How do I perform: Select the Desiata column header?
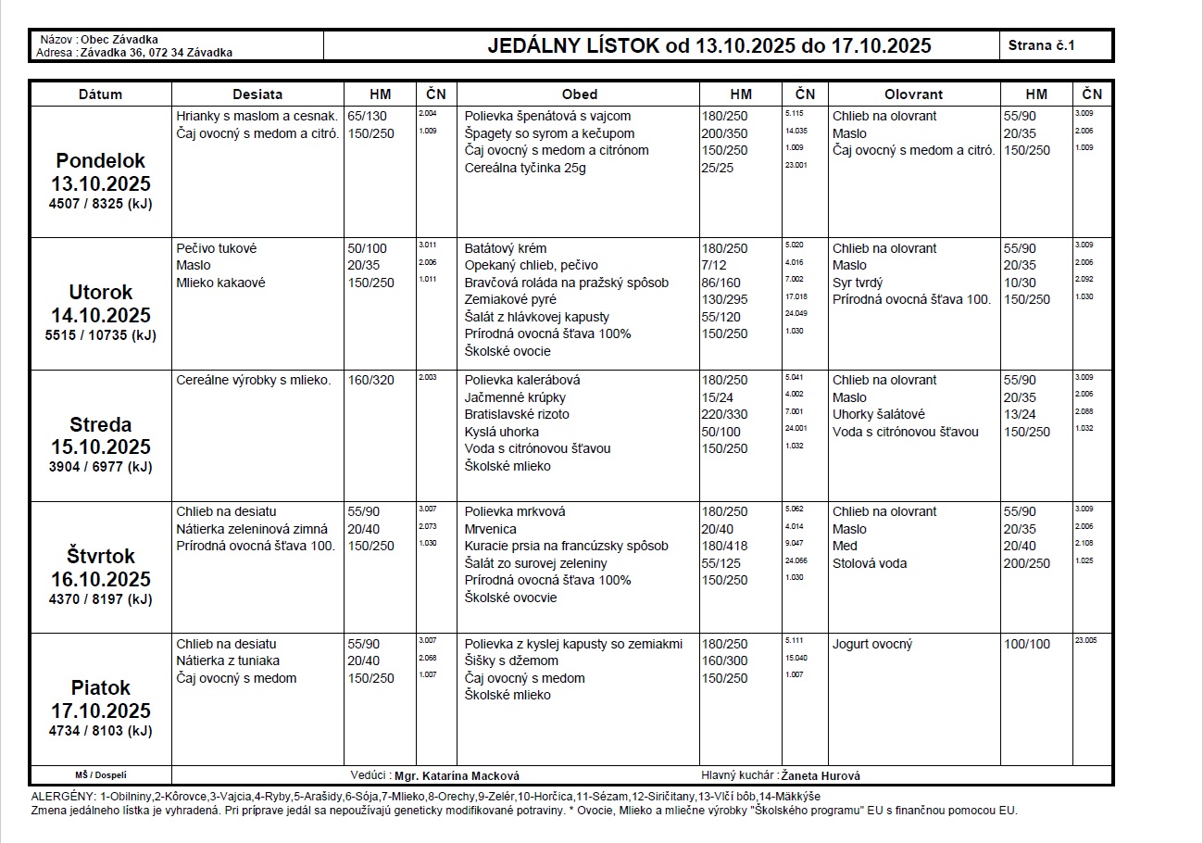(x=257, y=94)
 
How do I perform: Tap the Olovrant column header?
(x=913, y=94)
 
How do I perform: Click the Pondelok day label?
(x=100, y=160)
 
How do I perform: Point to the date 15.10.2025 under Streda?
(x=100, y=447)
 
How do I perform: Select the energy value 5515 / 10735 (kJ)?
(x=100, y=335)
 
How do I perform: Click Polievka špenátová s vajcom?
(x=547, y=116)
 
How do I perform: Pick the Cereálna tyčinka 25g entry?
(x=525, y=168)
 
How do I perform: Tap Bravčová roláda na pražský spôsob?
(x=566, y=283)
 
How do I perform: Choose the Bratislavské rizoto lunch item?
(x=517, y=414)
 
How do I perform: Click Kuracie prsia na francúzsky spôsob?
(x=566, y=546)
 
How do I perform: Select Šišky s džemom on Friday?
(x=511, y=661)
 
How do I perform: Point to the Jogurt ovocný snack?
(x=872, y=644)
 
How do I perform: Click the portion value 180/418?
(x=724, y=546)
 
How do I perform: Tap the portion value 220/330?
(x=724, y=414)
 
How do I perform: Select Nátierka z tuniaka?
(x=228, y=661)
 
